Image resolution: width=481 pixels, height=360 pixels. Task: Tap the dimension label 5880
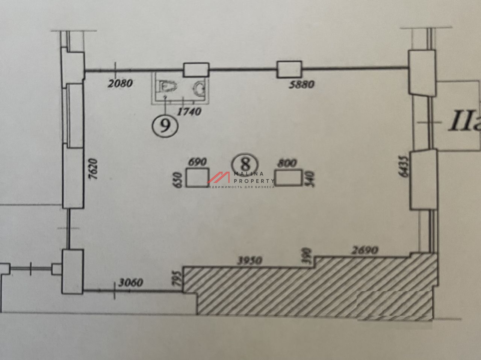[301, 84]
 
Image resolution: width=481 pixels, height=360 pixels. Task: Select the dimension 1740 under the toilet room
[189, 111]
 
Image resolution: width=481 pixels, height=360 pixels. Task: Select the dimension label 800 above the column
[286, 163]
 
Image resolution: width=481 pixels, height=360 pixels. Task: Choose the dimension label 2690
[365, 250]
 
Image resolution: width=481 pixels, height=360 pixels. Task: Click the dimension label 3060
[130, 282]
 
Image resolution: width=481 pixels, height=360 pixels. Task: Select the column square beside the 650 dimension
[198, 178]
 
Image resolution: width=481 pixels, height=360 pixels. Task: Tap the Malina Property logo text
[248, 178]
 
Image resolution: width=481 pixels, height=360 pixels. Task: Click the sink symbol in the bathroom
[199, 89]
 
